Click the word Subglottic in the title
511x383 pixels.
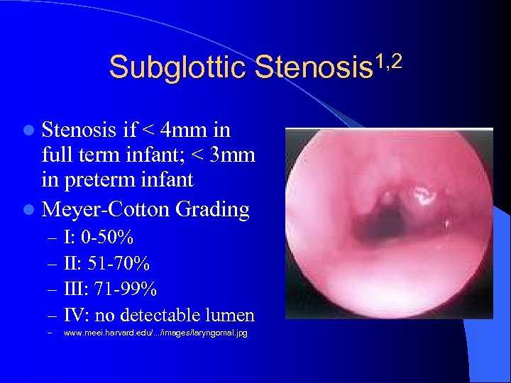[177, 68]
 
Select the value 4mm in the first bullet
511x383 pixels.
[186, 131]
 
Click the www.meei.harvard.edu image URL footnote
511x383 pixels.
[155, 333]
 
